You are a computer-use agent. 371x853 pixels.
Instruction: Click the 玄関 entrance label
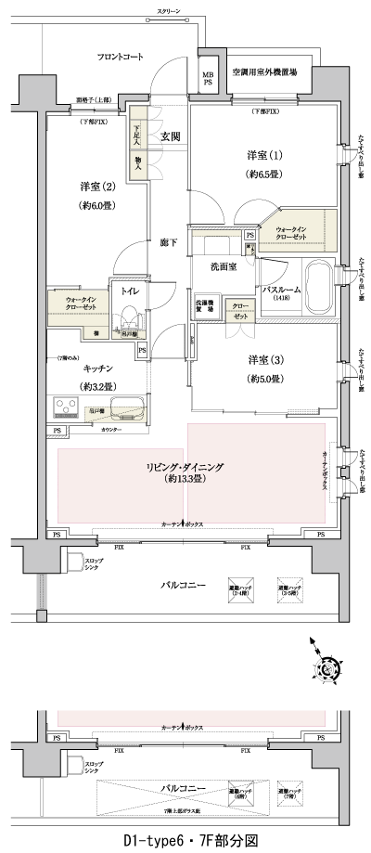pos(170,137)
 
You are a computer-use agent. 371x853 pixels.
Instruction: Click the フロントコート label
pos(121,57)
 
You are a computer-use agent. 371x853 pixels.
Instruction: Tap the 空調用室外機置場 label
pos(264,71)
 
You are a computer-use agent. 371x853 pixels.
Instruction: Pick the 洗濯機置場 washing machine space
pos(205,308)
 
